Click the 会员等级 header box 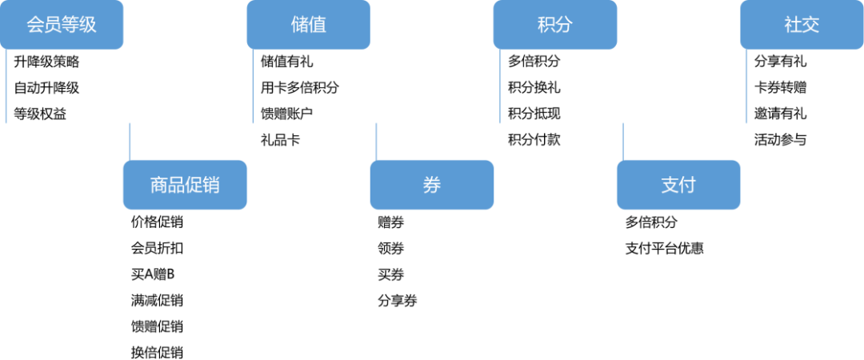[62, 25]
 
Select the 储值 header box [309, 25]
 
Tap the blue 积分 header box [555, 25]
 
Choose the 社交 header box [802, 25]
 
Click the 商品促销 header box [185, 185]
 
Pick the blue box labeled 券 [432, 185]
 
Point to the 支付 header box [678, 185]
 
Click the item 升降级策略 [46, 62]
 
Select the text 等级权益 [40, 114]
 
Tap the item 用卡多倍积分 [300, 88]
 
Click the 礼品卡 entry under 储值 [280, 140]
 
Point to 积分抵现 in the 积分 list [534, 114]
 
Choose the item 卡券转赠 [780, 88]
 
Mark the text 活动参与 [780, 140]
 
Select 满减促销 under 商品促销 [157, 301]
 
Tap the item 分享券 [398, 301]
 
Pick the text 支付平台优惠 [664, 249]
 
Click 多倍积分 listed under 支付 [650, 222]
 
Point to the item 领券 [390, 249]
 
